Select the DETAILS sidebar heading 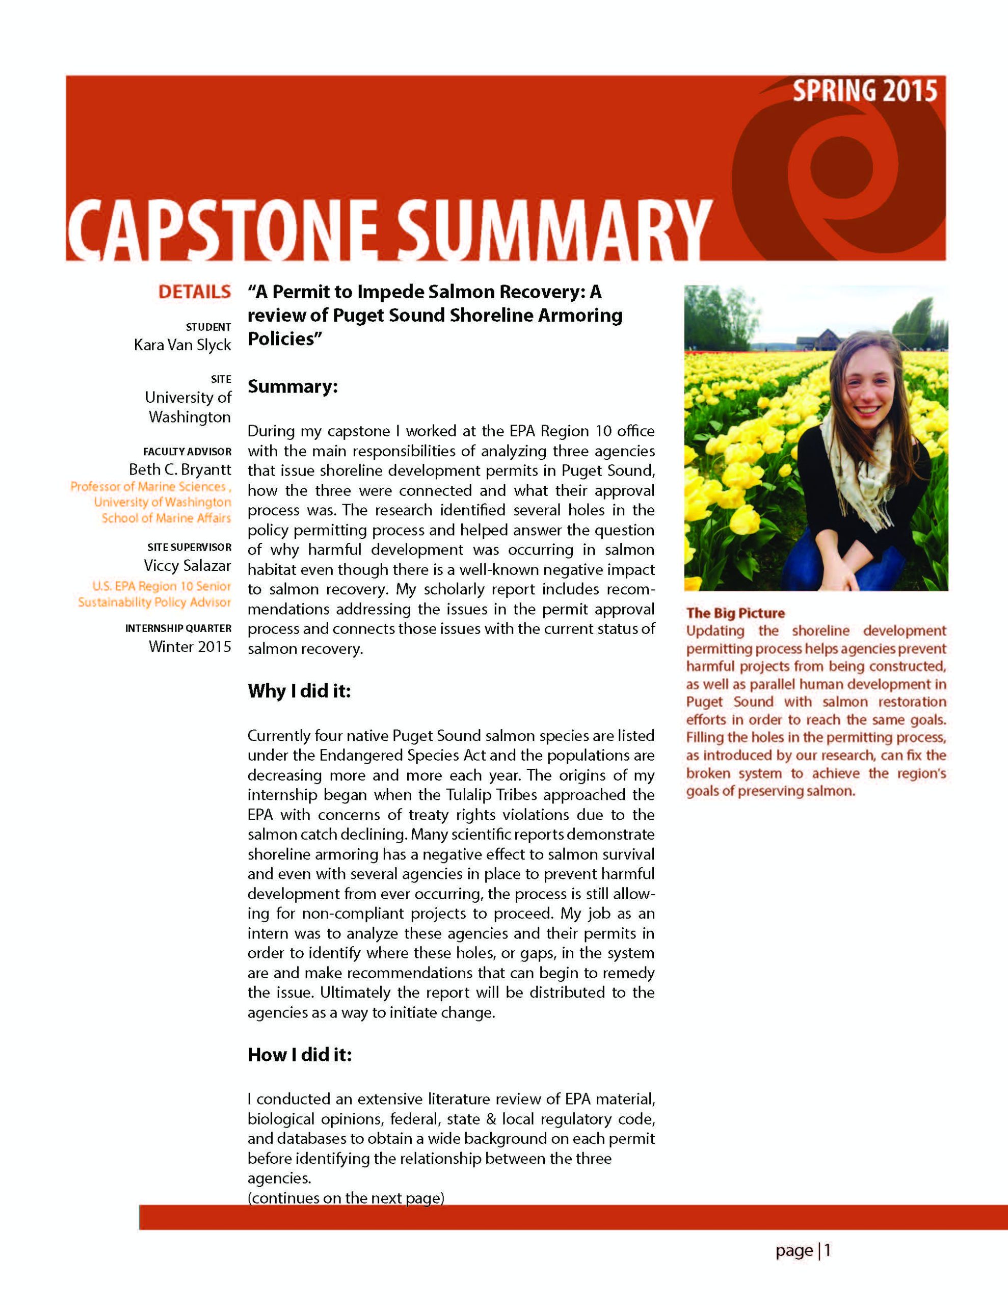(x=194, y=292)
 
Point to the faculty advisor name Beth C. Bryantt (x=180, y=469)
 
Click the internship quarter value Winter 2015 (x=190, y=646)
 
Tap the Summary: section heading (x=293, y=386)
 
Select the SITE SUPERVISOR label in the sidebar (x=190, y=547)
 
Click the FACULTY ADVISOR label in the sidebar (x=187, y=451)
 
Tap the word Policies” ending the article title (x=285, y=339)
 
